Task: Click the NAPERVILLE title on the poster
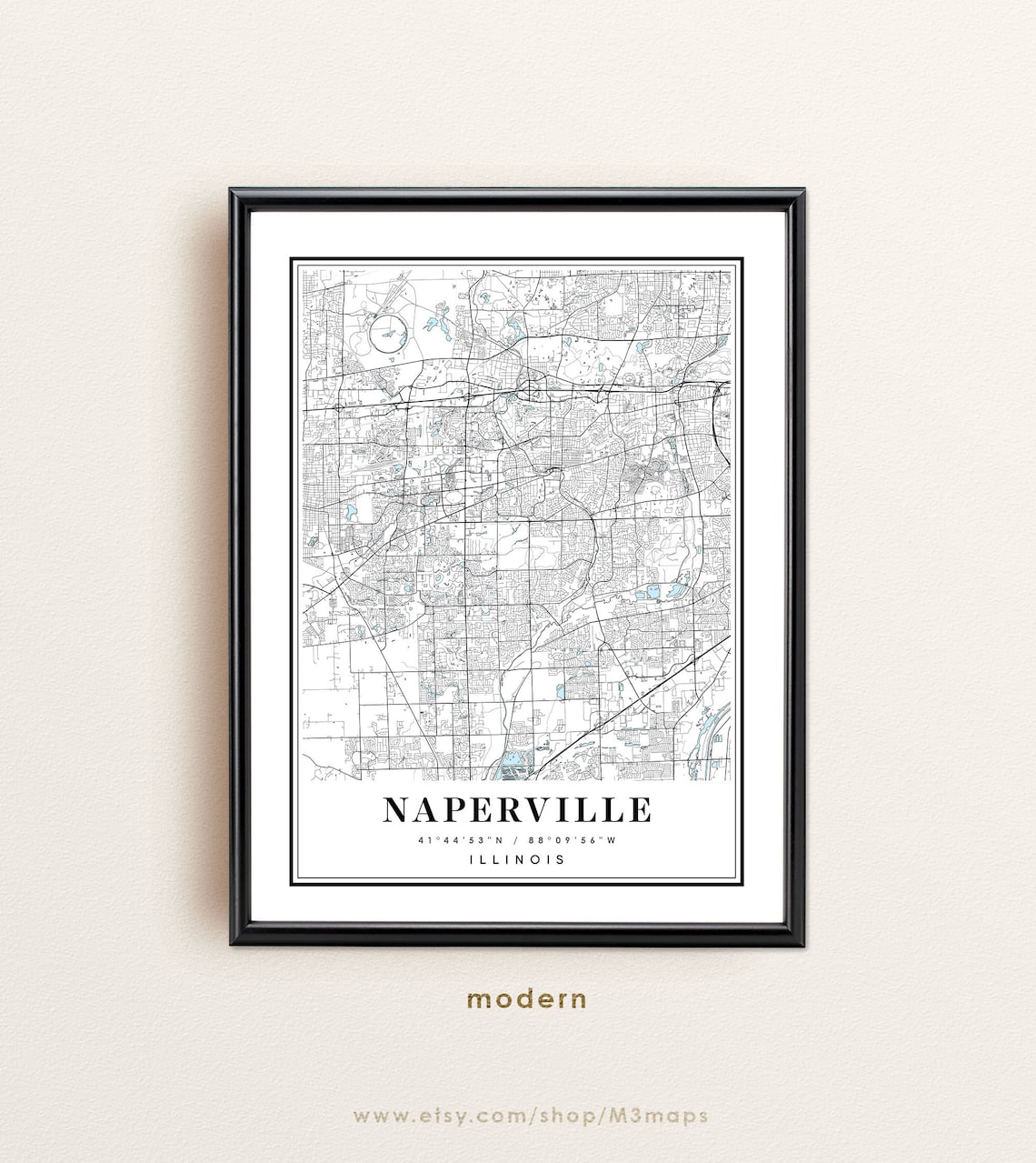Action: (517, 809)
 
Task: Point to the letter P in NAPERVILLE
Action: (457, 809)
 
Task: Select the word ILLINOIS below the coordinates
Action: (517, 859)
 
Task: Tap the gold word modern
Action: (527, 999)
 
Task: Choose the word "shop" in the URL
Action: (569, 1116)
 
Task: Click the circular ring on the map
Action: (386, 335)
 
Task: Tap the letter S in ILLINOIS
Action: (561, 859)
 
